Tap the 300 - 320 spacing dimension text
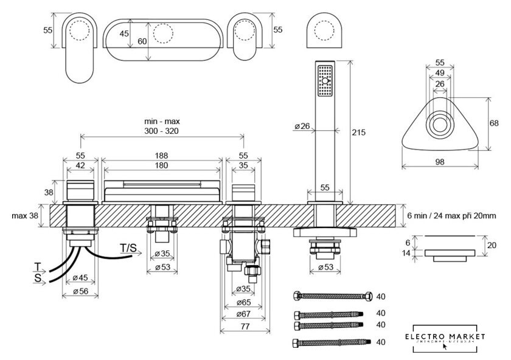(162, 131)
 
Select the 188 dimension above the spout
(162, 155)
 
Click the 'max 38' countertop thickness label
(24, 216)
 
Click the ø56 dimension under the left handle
(80, 291)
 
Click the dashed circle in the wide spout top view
(162, 33)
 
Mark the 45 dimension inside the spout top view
(124, 34)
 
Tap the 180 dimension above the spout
(162, 165)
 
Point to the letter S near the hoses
(37, 277)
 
